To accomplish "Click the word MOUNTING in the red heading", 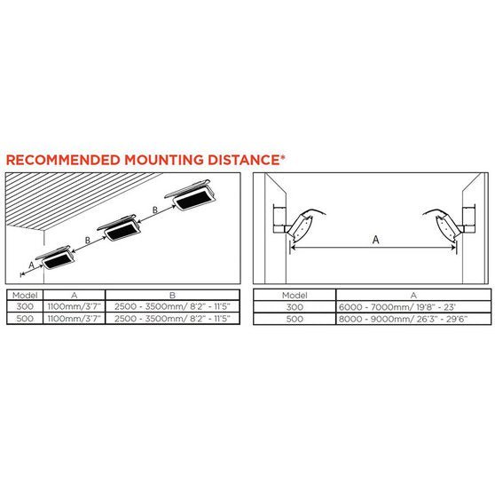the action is click(x=164, y=160).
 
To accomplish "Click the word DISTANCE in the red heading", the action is click(x=244, y=160).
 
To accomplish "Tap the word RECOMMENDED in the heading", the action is click(x=63, y=160).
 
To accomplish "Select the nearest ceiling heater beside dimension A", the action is click(x=56, y=257).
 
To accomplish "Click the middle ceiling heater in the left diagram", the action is click(x=119, y=228).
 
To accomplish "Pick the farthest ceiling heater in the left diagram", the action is click(x=191, y=195).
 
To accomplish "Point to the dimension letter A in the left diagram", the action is click(x=31, y=265).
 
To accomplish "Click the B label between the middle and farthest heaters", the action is click(x=155, y=210).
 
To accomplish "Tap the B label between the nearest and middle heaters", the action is click(x=88, y=241).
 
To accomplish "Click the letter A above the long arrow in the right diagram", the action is click(x=375, y=240).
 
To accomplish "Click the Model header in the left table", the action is click(x=25, y=295).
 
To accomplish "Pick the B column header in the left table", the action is click(x=172, y=295).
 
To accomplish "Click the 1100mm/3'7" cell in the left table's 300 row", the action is click(x=74, y=306).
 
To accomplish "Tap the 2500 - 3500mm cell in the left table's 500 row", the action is click(x=172, y=318).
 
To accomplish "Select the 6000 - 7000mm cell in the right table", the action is click(x=397, y=307).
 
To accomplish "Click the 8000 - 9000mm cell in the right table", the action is click(x=403, y=319).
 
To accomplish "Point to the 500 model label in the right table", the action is click(x=295, y=319).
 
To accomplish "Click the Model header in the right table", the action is click(x=295, y=296).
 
